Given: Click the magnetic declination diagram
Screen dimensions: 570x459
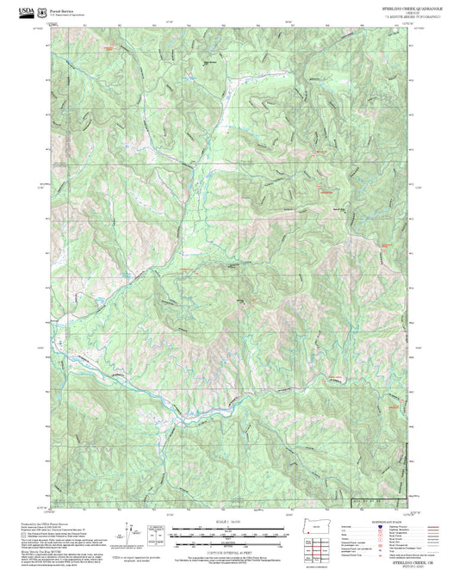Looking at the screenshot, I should coord(129,534).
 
